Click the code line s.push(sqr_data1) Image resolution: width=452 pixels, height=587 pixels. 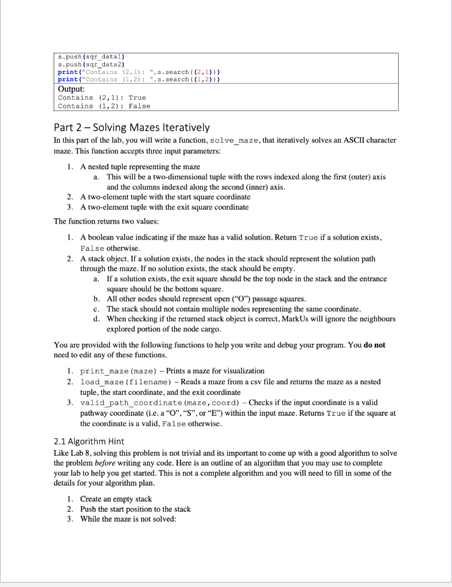(92, 57)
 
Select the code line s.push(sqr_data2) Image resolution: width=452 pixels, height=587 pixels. (92, 65)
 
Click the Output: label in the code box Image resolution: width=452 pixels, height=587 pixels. (72, 89)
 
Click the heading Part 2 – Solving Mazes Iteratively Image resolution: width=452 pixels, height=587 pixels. (131, 127)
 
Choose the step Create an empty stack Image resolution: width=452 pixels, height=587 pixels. (116, 499)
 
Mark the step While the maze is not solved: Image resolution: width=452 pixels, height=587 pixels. (128, 519)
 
